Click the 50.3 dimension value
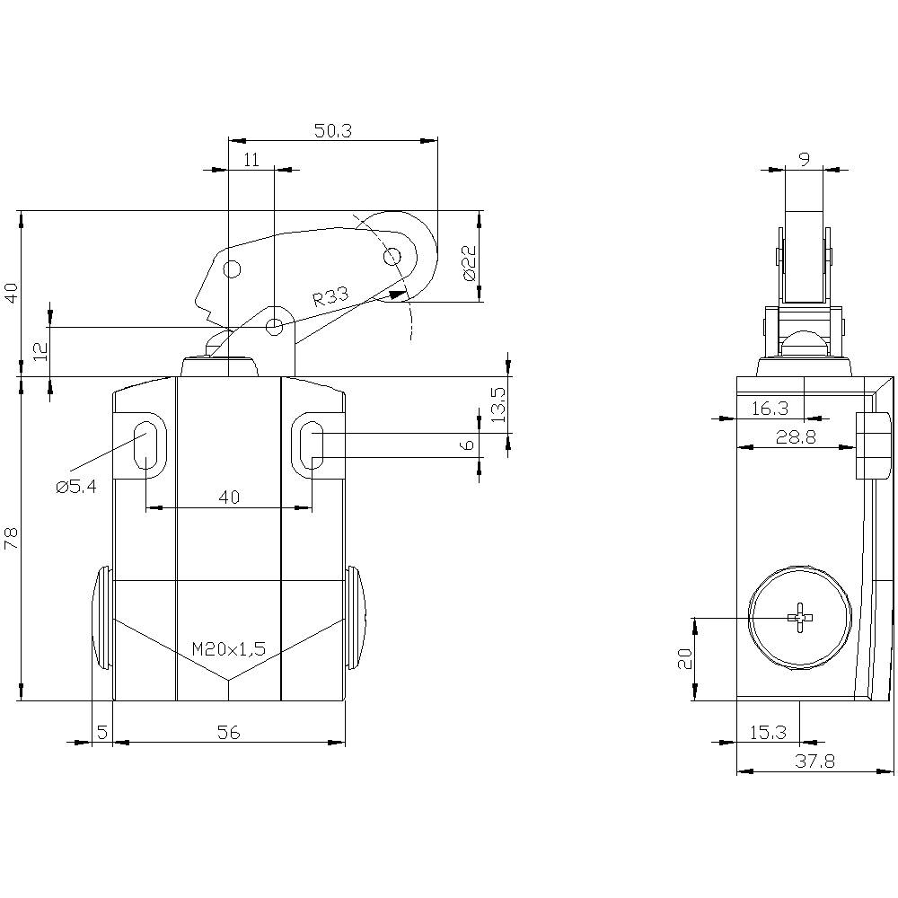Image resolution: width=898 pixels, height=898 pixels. (x=332, y=130)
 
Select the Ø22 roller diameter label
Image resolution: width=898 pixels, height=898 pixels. (x=469, y=263)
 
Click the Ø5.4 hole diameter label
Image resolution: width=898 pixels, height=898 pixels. (x=76, y=486)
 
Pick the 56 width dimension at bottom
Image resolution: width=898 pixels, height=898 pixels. (x=229, y=733)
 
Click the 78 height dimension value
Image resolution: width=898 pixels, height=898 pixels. (x=11, y=538)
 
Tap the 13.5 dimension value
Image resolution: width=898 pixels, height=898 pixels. (x=499, y=404)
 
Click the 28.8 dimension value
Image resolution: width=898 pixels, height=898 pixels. (x=796, y=436)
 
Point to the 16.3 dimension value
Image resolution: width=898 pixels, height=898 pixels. (x=770, y=408)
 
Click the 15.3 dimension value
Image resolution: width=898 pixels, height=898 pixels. (x=769, y=732)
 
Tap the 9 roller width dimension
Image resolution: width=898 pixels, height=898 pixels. (x=804, y=159)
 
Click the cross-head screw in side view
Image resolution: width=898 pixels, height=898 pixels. (x=799, y=617)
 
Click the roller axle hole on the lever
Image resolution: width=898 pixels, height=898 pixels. (x=392, y=258)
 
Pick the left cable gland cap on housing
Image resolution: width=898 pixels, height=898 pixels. (x=101, y=618)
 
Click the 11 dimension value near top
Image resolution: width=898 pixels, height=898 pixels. (x=251, y=159)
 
